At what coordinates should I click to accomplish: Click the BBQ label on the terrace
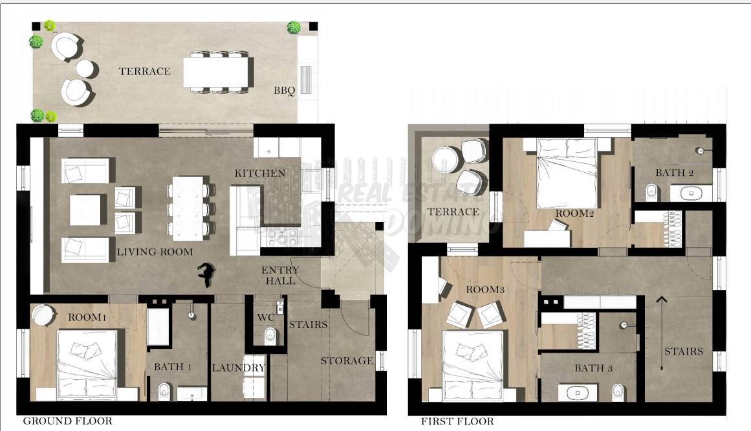coord(285,91)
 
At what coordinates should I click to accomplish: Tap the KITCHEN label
coord(260,173)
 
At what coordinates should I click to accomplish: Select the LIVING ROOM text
coord(155,252)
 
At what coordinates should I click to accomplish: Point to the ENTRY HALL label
coord(280,276)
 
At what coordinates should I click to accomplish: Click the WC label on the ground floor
coord(265,317)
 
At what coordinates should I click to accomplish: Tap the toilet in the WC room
coord(270,336)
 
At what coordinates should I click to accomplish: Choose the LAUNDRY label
coord(239,368)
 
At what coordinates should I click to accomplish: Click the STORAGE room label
coord(347,361)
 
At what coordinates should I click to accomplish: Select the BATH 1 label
coord(173,367)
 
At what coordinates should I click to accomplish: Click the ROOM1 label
coord(87,317)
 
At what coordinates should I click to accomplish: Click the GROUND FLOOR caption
coord(67,421)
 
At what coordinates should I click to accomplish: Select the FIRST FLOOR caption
coord(457,421)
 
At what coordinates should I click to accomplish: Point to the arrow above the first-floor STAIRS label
coord(662,333)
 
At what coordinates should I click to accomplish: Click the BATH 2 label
coord(675,173)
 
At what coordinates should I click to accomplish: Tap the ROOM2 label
coord(575,214)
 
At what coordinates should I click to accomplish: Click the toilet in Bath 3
coord(617,392)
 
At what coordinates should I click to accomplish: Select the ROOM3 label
coord(485,289)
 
